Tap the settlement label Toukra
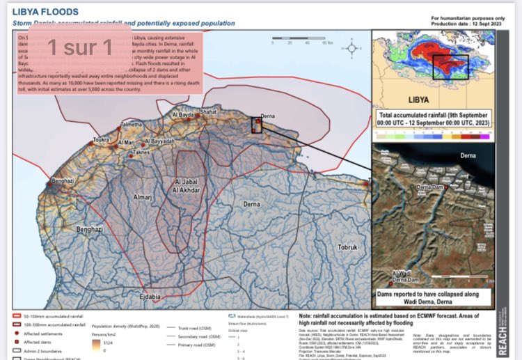point(102,140)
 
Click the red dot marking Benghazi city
point(50,184)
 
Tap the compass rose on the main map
point(353,48)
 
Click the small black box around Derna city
point(258,125)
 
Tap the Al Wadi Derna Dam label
point(407,276)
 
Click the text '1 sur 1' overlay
point(79,47)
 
